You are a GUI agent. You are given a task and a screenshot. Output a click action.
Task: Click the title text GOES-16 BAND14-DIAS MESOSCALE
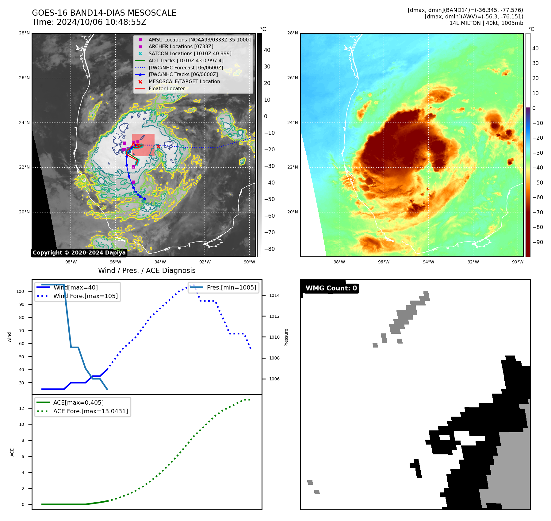pos(104,13)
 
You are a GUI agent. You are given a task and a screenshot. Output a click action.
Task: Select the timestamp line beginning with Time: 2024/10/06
pos(89,22)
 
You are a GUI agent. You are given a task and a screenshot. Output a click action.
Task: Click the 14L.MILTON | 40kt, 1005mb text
pos(486,23)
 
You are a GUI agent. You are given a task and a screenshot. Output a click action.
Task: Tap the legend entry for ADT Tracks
pos(186,61)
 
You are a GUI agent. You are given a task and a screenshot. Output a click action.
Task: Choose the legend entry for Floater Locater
pos(166,89)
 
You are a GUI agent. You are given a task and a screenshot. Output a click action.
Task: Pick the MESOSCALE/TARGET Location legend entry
pos(184,82)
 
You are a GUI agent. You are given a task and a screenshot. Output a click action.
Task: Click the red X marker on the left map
pos(158,146)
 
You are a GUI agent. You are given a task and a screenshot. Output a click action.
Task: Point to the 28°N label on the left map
pos(25,33)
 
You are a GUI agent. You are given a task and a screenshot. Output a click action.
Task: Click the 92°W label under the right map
pos(473,262)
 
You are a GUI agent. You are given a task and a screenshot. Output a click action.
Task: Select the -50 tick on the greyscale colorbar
pos(270,199)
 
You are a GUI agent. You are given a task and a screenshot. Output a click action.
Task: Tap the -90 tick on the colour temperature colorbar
pos(538,242)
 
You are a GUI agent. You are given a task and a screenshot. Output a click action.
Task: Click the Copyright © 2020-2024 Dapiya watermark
pos(79,253)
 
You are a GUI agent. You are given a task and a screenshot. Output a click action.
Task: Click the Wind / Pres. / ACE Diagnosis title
pos(147,270)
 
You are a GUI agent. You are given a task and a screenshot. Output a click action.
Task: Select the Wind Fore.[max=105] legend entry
pos(85,296)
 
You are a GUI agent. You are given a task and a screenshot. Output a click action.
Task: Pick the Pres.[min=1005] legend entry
pos(231,288)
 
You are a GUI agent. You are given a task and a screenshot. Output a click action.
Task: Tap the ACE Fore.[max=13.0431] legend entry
pos(90,411)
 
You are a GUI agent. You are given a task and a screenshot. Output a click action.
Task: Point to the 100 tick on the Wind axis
pos(20,291)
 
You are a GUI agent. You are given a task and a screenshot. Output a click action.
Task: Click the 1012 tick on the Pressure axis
pos(274,316)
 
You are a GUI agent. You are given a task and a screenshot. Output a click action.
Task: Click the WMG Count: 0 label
pos(331,288)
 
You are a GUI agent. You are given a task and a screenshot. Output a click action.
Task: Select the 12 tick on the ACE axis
pos(21,408)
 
